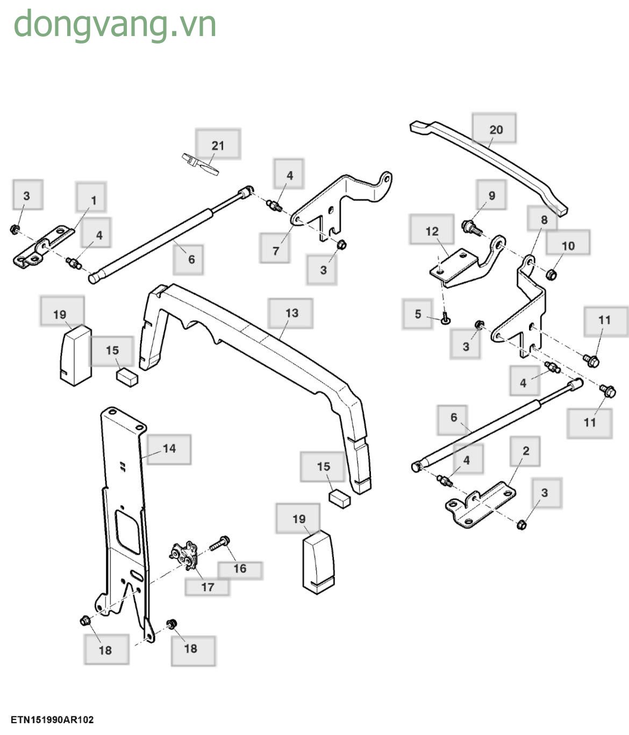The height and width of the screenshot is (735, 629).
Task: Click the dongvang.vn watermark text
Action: click(x=115, y=25)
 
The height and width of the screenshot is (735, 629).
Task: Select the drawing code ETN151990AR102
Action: click(x=52, y=719)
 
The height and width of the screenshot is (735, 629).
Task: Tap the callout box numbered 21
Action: click(x=218, y=144)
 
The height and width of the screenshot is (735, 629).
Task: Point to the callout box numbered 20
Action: click(x=495, y=129)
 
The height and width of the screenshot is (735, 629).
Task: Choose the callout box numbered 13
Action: click(x=291, y=313)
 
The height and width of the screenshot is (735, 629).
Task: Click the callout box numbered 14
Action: click(x=169, y=449)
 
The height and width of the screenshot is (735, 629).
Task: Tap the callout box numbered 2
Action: click(x=525, y=451)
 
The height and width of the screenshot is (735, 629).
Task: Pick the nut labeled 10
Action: click(x=551, y=275)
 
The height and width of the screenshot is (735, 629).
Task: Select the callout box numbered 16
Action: click(x=240, y=569)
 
